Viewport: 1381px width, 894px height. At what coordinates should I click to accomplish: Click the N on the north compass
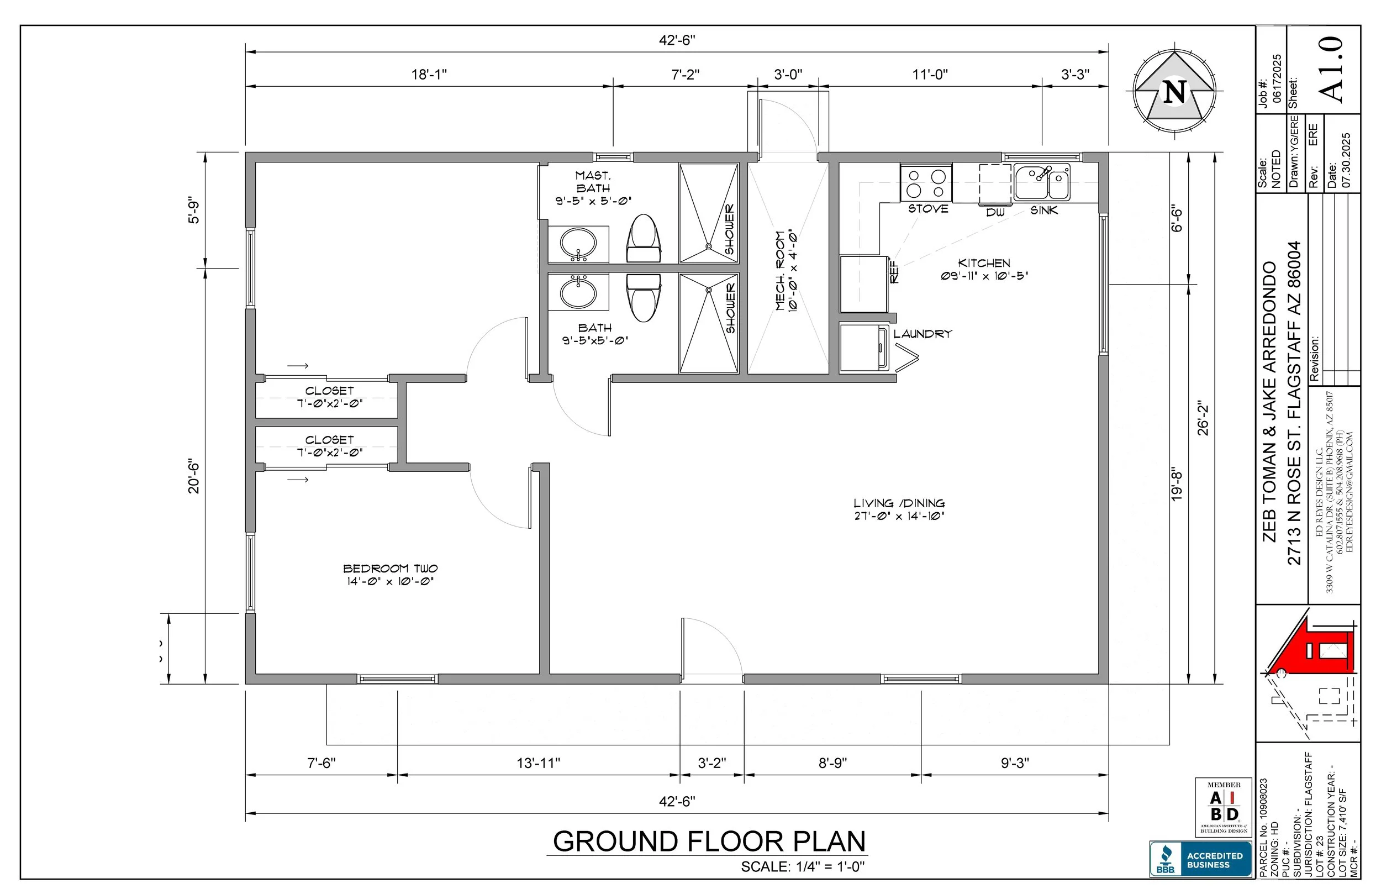click(x=1175, y=92)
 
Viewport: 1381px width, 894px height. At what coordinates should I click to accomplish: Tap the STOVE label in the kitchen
click(x=929, y=208)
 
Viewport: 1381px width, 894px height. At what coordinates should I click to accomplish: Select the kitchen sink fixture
click(x=1042, y=182)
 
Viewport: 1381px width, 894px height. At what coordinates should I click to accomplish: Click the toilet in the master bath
click(x=644, y=239)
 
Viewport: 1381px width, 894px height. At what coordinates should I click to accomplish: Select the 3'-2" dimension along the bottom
click(x=712, y=763)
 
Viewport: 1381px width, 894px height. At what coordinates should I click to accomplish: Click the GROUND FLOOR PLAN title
click(x=709, y=841)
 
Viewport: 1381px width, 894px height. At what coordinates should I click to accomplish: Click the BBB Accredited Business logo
click(x=1200, y=859)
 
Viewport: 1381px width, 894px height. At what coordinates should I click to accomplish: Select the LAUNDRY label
click(x=923, y=334)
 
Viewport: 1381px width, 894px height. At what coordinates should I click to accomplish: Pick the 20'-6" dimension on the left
click(x=194, y=477)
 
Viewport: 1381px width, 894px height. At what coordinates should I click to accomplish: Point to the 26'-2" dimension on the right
click(x=1204, y=418)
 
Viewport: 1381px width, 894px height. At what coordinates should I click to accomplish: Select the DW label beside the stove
click(x=995, y=213)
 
